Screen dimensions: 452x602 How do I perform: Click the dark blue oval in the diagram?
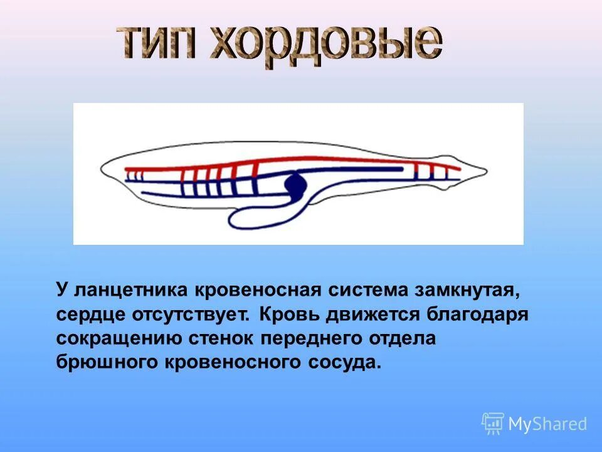(x=296, y=185)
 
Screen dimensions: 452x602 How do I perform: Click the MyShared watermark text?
(x=547, y=424)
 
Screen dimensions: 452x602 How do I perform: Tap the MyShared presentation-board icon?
(x=493, y=424)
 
